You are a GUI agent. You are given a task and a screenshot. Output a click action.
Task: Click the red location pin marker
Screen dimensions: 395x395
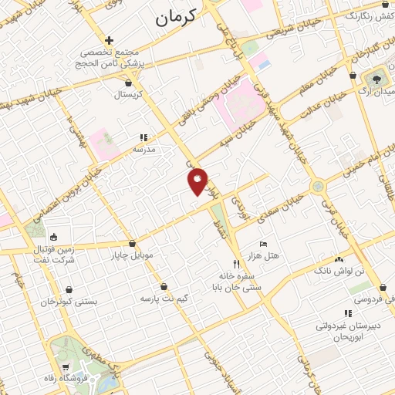[x=198, y=181]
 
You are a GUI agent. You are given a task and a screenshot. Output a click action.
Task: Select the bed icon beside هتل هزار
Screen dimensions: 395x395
[x=264, y=244]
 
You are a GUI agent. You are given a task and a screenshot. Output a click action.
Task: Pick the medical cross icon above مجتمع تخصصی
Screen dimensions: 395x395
[x=110, y=39]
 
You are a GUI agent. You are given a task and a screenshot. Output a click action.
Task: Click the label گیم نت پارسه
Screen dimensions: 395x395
[x=164, y=296]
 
